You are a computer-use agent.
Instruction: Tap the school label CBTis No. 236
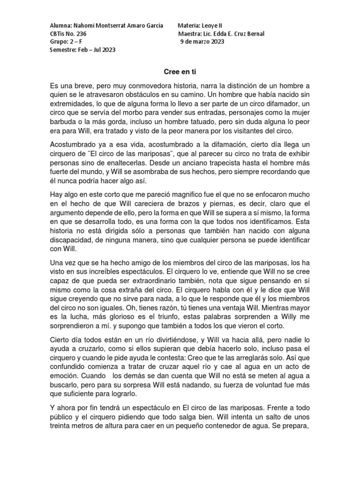click(x=68, y=34)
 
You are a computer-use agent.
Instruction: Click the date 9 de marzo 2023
click(x=202, y=42)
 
